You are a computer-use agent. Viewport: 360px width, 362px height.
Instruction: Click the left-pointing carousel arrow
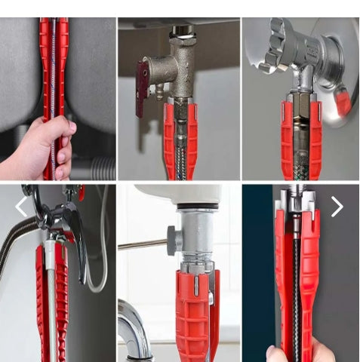21,207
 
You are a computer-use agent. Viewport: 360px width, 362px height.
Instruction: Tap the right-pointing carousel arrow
337,207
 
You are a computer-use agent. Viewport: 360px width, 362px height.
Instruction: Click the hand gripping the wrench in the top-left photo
38,148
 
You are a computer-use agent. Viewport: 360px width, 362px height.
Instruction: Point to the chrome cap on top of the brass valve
182,32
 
